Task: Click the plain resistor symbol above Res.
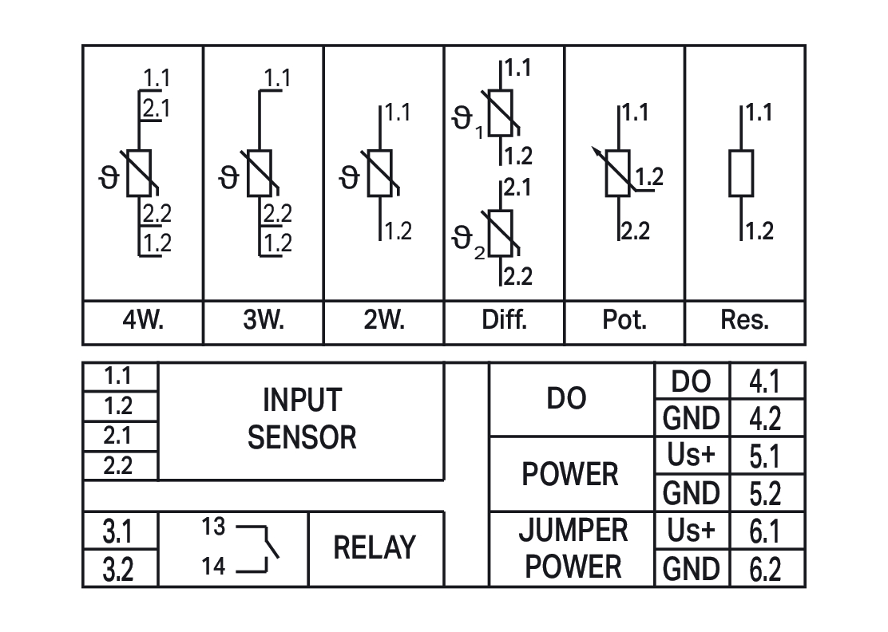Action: point(741,172)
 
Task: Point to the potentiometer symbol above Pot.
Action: point(620,173)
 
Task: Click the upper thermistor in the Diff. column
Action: point(501,114)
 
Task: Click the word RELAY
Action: point(375,548)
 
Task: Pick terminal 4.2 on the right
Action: point(765,418)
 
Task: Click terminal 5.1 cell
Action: point(765,456)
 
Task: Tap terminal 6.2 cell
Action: point(765,569)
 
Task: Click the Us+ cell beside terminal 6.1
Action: point(692,531)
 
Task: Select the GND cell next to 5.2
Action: point(692,493)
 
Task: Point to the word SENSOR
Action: point(302,437)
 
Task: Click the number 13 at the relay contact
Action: point(213,527)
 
